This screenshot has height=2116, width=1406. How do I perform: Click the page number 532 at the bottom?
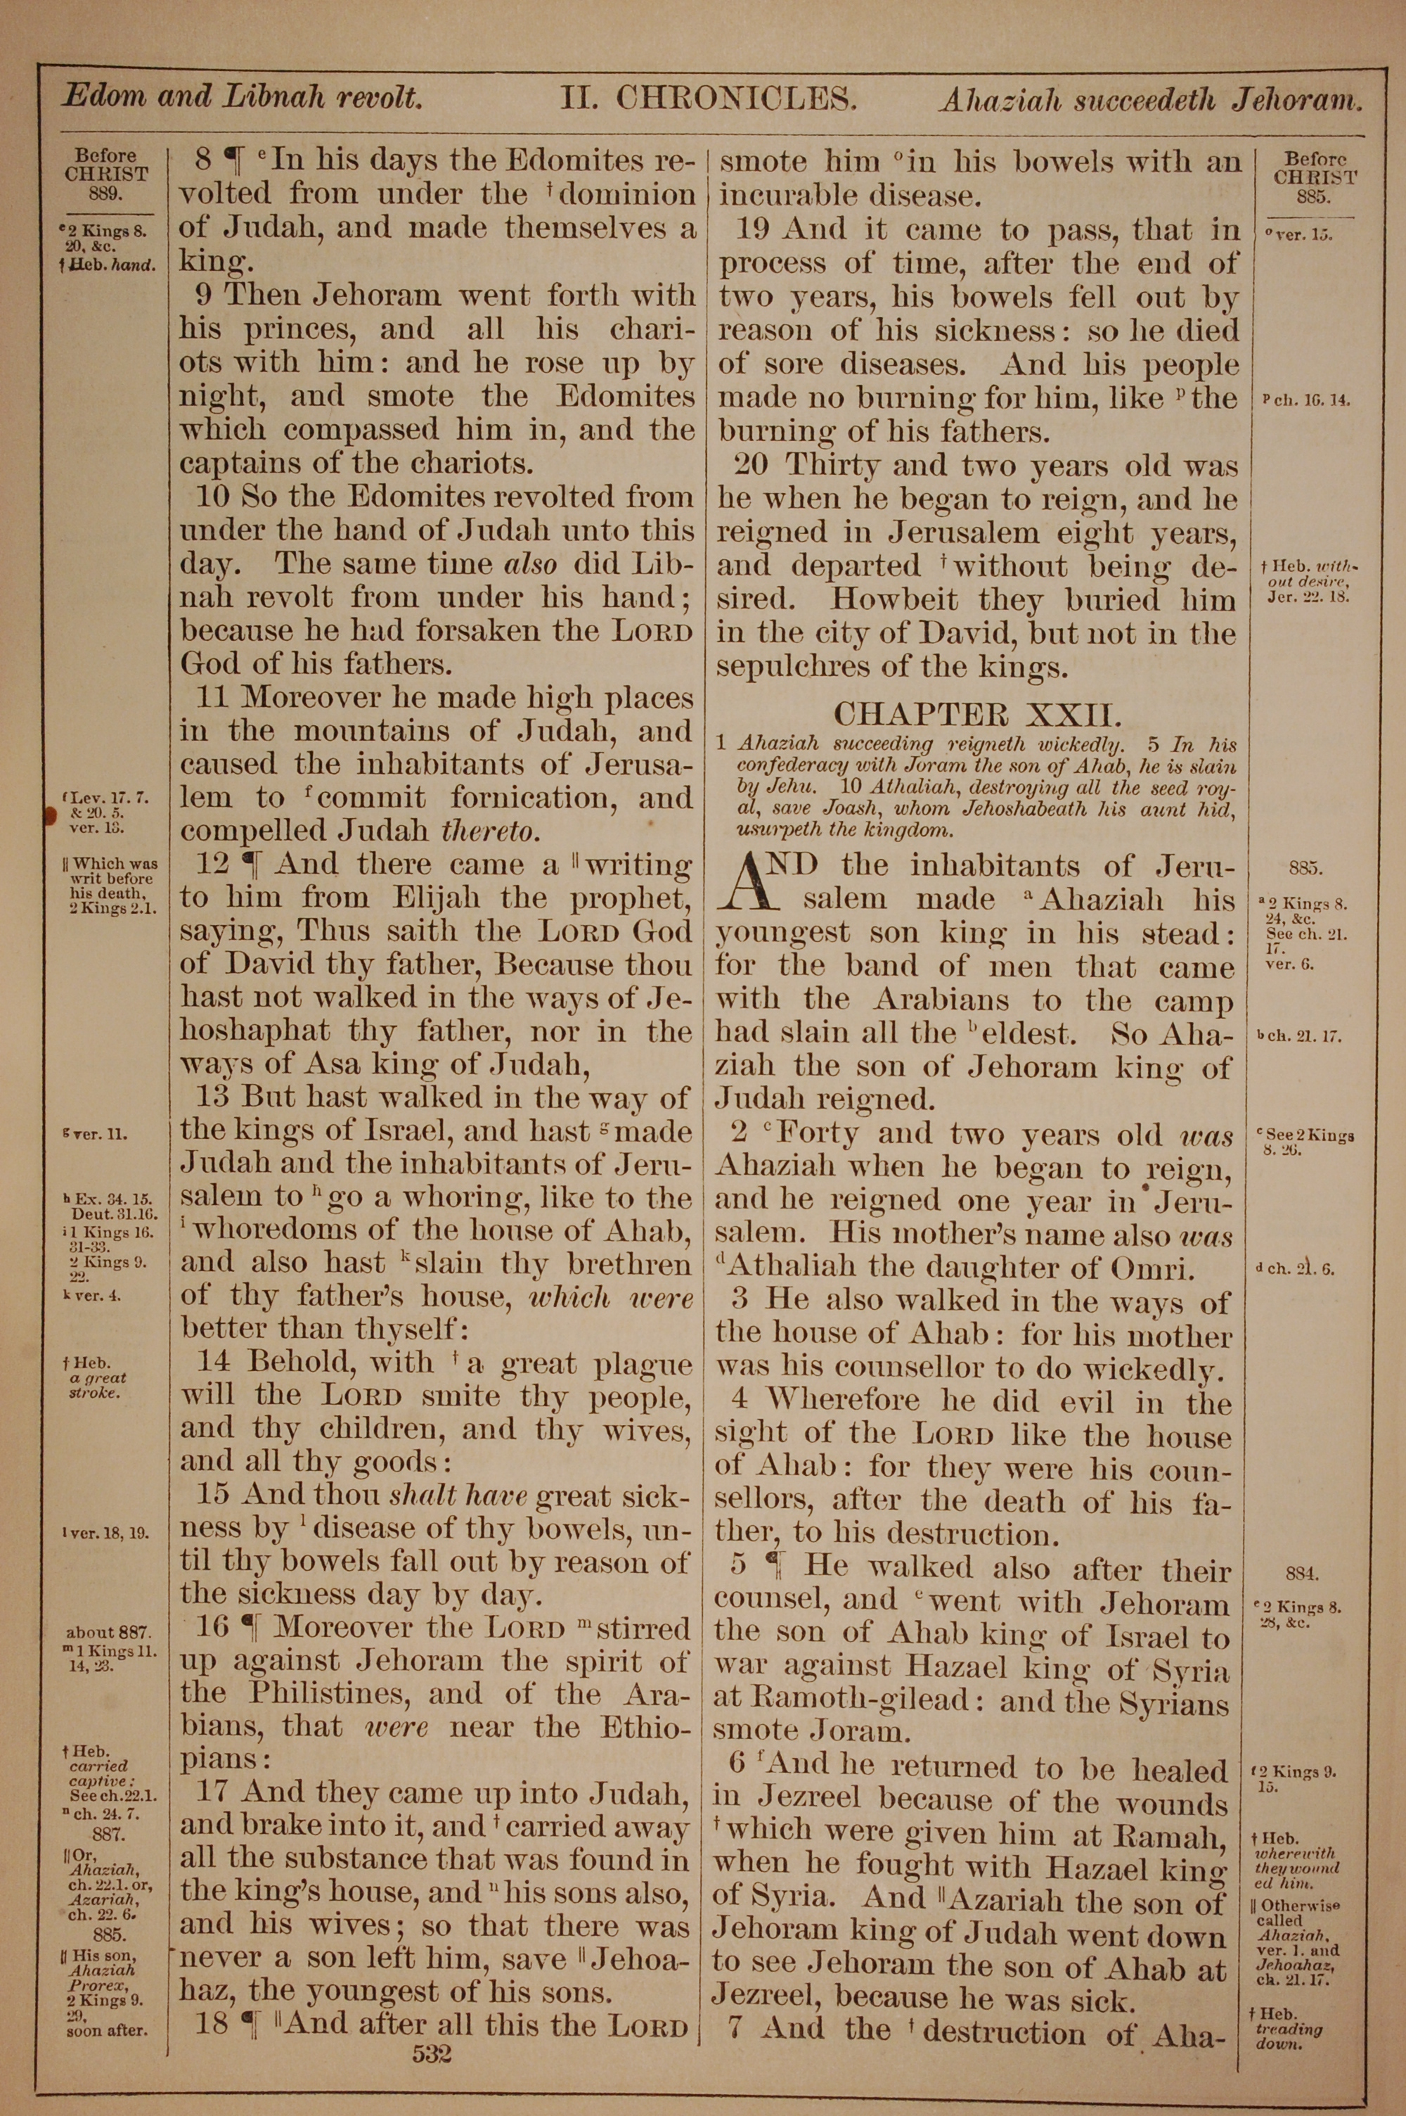[x=432, y=2028]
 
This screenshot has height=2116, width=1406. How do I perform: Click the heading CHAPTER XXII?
[x=977, y=714]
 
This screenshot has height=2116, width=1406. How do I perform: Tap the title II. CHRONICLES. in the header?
[x=709, y=97]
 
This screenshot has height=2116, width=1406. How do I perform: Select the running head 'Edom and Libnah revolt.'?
[x=242, y=97]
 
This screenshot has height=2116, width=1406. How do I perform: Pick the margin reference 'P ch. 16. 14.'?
[x=1305, y=400]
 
